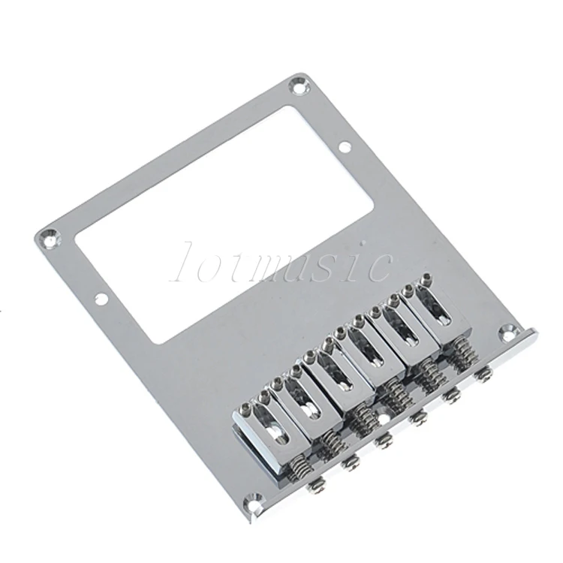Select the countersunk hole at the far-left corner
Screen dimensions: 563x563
coord(50,237)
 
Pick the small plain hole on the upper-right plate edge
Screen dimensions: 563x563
coord(345,146)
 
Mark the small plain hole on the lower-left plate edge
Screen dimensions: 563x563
coord(101,298)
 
